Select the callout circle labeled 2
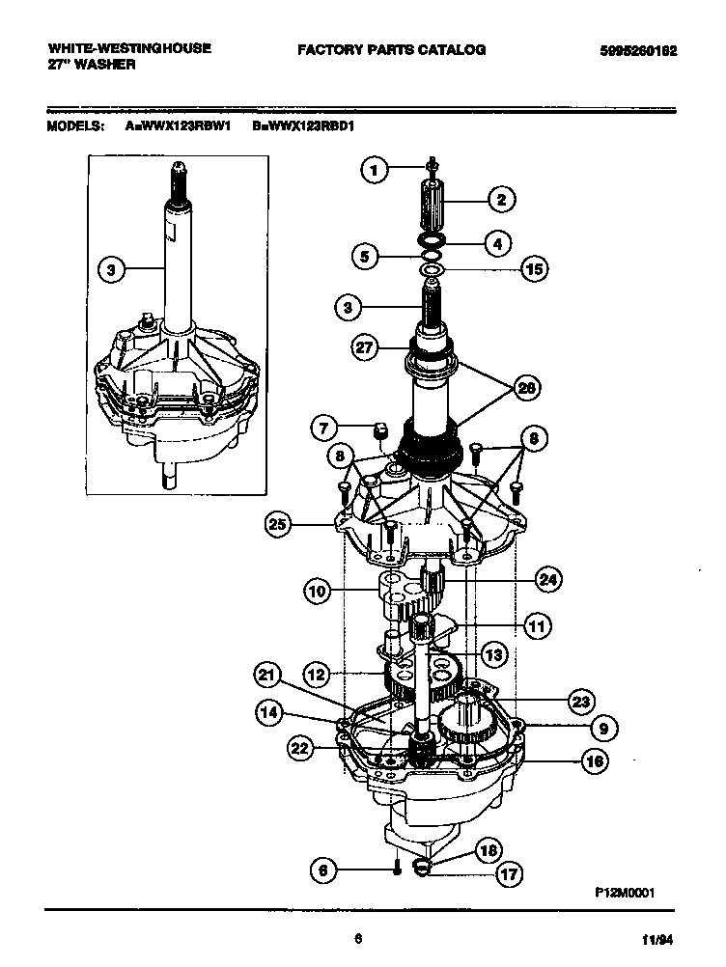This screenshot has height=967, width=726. coord(501,200)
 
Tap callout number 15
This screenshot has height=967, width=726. coord(532,269)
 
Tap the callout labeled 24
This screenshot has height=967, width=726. coord(548,579)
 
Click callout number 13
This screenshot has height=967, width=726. coord(493,655)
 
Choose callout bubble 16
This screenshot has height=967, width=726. coord(594,760)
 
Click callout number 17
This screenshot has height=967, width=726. coord(508,875)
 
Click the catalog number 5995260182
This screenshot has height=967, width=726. coord(631,50)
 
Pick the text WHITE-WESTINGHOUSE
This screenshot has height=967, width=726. coord(128,48)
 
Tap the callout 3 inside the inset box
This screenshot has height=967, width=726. coord(112,271)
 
